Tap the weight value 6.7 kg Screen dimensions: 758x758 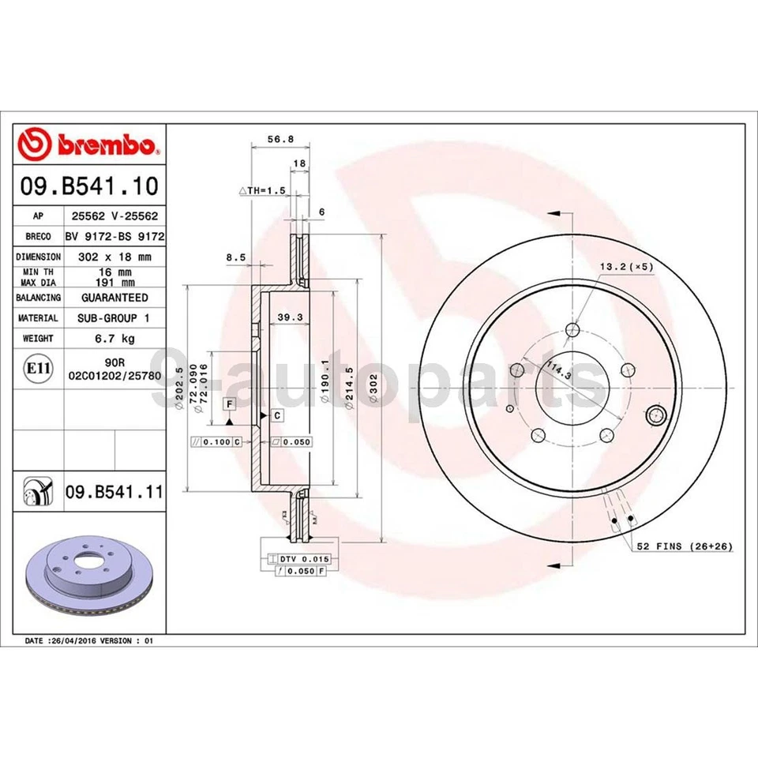pos(114,338)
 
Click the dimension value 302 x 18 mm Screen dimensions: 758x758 pos(114,257)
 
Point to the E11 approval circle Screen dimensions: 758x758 pos(35,369)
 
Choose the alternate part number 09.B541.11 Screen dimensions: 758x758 pos(114,493)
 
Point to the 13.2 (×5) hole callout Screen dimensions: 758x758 pos(625,268)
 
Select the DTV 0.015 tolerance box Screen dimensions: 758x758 pos(303,558)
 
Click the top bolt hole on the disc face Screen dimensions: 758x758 pos(573,330)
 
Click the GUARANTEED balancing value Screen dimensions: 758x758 pos(114,298)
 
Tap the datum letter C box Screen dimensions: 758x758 pos(278,415)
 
